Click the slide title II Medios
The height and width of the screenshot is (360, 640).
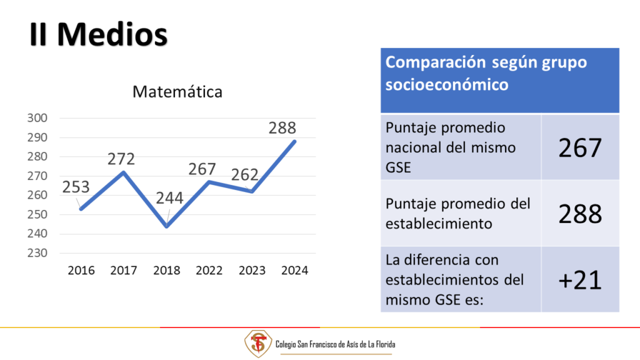(98, 34)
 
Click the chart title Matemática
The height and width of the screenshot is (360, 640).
(177, 92)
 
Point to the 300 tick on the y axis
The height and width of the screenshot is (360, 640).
(37, 118)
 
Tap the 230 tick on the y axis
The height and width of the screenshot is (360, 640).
(37, 253)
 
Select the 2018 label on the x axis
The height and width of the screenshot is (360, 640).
(166, 270)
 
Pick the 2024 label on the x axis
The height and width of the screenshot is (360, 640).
(295, 270)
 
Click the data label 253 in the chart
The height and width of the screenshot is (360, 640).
(76, 187)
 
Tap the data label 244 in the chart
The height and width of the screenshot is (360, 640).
(169, 198)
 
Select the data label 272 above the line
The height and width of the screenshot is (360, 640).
(121, 159)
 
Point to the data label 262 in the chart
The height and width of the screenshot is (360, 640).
(245, 175)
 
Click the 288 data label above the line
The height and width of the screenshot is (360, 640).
(282, 127)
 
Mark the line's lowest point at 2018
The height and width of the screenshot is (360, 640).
(167, 226)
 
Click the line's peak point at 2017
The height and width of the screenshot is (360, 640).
(124, 172)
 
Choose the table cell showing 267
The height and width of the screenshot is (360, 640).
(580, 147)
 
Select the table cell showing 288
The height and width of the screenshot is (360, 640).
(580, 214)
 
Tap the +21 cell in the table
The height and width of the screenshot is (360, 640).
(580, 280)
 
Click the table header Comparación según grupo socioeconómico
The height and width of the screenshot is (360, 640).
(486, 74)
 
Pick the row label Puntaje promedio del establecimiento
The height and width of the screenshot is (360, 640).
(458, 214)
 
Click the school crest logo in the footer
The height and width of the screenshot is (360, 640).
(258, 344)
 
